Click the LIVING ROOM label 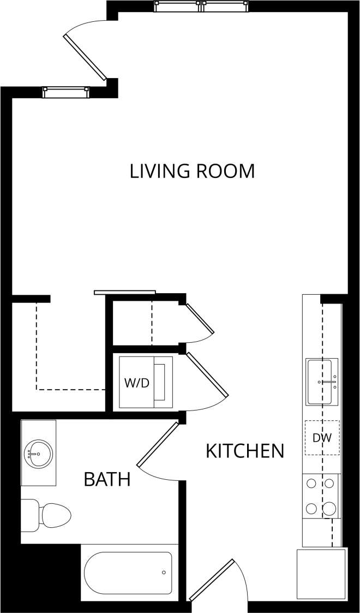pyautogui.click(x=192, y=171)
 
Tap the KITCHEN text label pyautogui.click(x=245, y=451)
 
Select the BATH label pyautogui.click(x=107, y=480)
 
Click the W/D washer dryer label pyautogui.click(x=136, y=383)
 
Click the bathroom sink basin pyautogui.click(x=38, y=453)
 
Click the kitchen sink pyautogui.click(x=322, y=382)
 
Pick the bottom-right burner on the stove pyautogui.click(x=329, y=509)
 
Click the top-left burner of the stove pyautogui.click(x=311, y=483)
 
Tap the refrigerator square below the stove pyautogui.click(x=321, y=574)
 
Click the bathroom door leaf pyautogui.click(x=158, y=444)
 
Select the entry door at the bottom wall pyautogui.click(x=212, y=579)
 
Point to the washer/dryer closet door pyautogui.click(x=207, y=373)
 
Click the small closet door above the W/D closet pyautogui.click(x=200, y=318)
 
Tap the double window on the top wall pyautogui.click(x=202, y=6)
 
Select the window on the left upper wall pyautogui.click(x=65, y=92)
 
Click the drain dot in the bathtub pyautogui.click(x=164, y=573)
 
